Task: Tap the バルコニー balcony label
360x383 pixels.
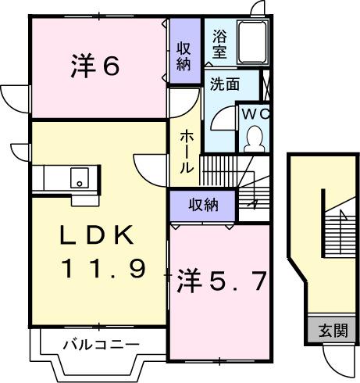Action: tap(100, 345)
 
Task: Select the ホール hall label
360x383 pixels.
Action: tap(187, 152)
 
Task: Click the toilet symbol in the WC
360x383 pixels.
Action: tap(254, 138)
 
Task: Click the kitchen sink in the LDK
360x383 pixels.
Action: tap(79, 177)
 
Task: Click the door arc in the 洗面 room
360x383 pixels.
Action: tap(222, 117)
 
